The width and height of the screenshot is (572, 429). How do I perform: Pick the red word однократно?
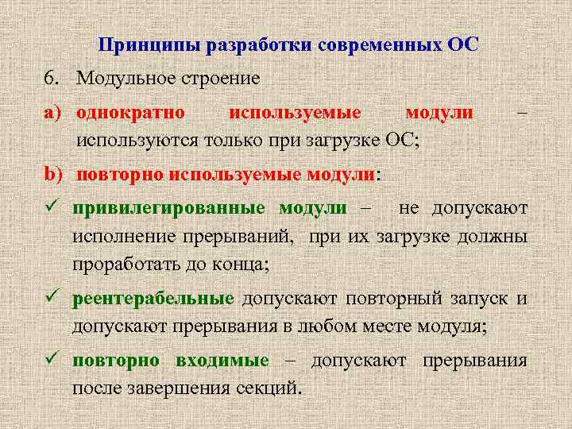click(x=131, y=114)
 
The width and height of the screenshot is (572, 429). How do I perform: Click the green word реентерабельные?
click(x=153, y=299)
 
